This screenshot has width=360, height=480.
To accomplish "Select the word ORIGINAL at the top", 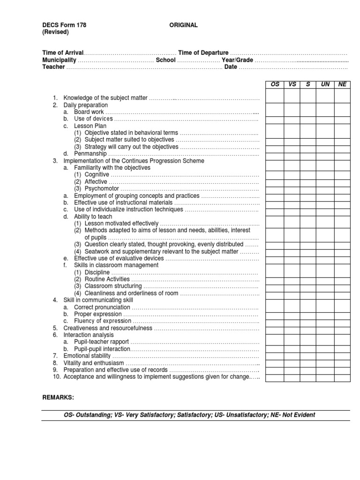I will click(183, 25).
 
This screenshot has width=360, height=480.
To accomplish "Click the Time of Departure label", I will click(203, 53).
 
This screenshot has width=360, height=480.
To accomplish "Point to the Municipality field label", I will click(59, 60).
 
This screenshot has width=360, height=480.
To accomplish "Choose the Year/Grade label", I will click(237, 60).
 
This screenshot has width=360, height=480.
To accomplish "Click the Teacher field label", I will click(53, 67).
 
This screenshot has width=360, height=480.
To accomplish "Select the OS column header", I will click(275, 84).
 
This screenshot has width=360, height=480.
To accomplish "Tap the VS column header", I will click(292, 84).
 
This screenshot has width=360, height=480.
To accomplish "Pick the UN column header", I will click(325, 84).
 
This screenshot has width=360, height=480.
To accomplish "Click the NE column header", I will click(342, 84).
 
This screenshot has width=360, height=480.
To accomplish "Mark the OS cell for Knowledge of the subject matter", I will click(275, 97).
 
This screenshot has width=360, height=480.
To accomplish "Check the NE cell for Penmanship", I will click(342, 153).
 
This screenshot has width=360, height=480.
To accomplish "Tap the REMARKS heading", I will click(58, 397).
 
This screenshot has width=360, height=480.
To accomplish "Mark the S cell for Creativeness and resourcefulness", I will click(308, 328).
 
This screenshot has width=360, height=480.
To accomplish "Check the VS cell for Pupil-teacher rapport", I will click(292, 342).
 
